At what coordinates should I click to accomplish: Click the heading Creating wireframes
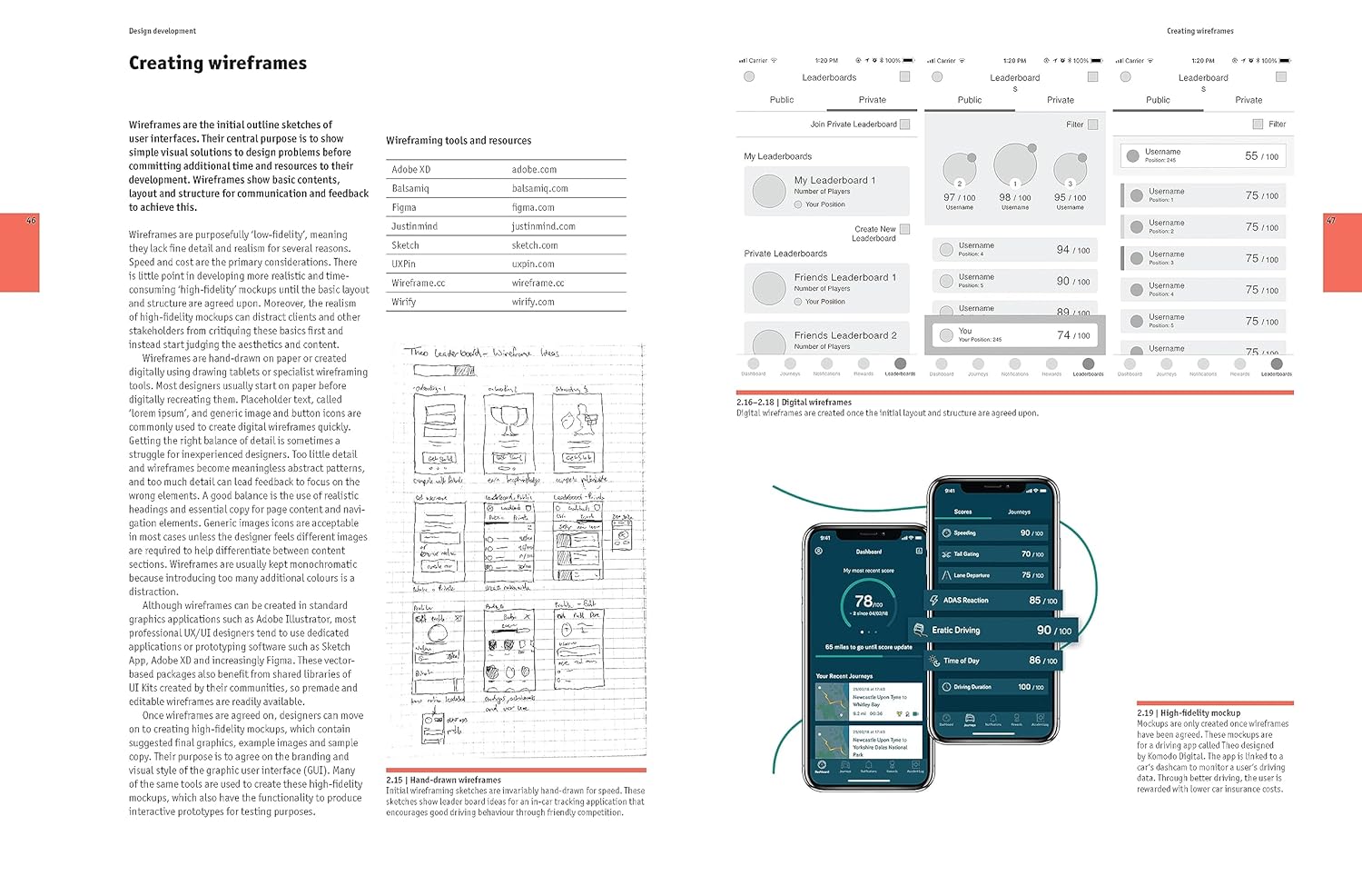pyautogui.click(x=218, y=63)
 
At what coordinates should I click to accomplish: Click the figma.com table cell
pyautogui.click(x=533, y=207)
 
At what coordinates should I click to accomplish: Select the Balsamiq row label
pyautogui.click(x=410, y=188)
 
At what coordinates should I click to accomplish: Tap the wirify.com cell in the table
pyautogui.click(x=533, y=302)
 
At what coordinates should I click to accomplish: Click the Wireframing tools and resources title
pyautogui.click(x=459, y=141)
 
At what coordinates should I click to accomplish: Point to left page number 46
pyautogui.click(x=31, y=221)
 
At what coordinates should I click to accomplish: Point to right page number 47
pyautogui.click(x=1331, y=221)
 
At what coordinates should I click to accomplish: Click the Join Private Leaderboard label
pyautogui.click(x=854, y=124)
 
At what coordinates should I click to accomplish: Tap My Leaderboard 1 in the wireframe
pyautogui.click(x=834, y=180)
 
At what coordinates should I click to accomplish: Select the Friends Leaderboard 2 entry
pyautogui.click(x=844, y=335)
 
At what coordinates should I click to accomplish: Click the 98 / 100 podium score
pyautogui.click(x=1014, y=197)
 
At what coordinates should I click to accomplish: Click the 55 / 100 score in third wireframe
pyautogui.click(x=1261, y=156)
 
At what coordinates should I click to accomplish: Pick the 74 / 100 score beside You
pyautogui.click(x=1073, y=335)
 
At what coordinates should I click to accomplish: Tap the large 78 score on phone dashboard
pyautogui.click(x=864, y=601)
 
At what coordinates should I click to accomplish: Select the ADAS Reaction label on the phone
pyautogui.click(x=965, y=601)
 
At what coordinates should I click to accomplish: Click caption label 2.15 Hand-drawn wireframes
pyautogui.click(x=444, y=780)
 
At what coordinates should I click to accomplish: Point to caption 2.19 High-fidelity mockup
pyautogui.click(x=1189, y=713)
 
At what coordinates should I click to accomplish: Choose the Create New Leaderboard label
pyautogui.click(x=874, y=234)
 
